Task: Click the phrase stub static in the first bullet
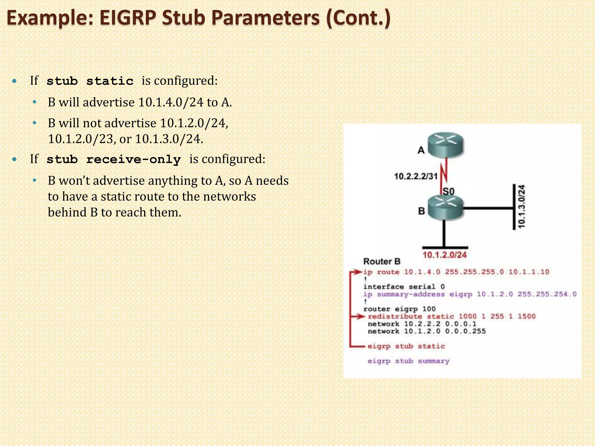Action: [90, 81]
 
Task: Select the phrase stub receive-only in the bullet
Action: [114, 159]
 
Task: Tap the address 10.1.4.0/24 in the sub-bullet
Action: [171, 102]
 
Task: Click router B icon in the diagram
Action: [445, 208]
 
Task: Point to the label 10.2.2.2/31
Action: [415, 176]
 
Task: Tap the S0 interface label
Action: [448, 191]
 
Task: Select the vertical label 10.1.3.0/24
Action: [522, 206]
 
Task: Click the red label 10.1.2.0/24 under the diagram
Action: [444, 255]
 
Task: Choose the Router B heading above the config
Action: [381, 261]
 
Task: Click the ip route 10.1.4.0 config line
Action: [456, 272]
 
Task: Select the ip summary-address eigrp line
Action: [469, 294]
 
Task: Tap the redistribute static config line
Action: [451, 316]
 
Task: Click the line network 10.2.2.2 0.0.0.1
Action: [422, 324]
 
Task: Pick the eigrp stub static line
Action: [406, 346]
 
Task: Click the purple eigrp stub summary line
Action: [408, 361]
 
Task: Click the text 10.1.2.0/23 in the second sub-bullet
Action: [80, 139]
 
